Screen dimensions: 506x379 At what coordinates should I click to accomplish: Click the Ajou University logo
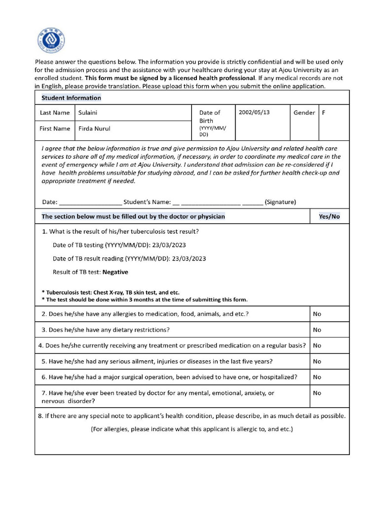click(x=51, y=41)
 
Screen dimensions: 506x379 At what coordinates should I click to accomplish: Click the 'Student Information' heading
click(x=71, y=98)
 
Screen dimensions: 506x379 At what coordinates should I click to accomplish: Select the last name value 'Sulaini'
click(x=88, y=113)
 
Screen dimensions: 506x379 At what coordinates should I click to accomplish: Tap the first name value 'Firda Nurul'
click(x=94, y=129)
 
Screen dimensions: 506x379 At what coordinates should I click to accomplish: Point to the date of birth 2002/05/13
click(x=254, y=112)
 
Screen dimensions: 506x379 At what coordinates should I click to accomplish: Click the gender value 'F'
click(x=324, y=113)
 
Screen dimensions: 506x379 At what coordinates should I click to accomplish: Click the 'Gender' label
click(x=304, y=113)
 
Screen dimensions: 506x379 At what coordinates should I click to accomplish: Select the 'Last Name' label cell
click(x=55, y=113)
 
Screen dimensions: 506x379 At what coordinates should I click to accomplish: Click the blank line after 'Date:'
click(x=90, y=202)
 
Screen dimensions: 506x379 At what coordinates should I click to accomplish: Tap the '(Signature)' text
click(x=280, y=202)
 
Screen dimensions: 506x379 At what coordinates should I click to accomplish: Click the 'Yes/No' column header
click(x=329, y=216)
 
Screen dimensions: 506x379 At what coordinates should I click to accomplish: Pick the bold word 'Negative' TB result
click(x=115, y=272)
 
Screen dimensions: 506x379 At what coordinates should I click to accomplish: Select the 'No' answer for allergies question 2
click(x=317, y=314)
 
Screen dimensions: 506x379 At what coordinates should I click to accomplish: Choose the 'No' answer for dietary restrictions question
click(x=317, y=330)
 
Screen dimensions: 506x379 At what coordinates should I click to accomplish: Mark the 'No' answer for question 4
click(x=317, y=345)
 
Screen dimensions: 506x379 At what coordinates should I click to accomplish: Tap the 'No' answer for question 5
click(x=317, y=361)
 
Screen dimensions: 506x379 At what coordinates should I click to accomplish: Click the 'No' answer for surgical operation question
click(x=317, y=377)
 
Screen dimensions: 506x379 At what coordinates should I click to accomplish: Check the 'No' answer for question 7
click(x=317, y=393)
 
